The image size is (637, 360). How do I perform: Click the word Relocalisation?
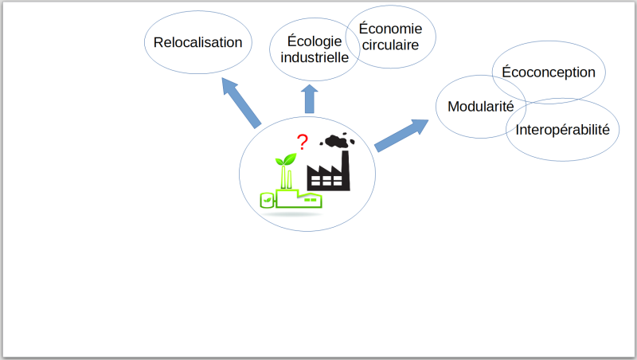197,42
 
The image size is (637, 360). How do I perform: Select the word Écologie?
315,41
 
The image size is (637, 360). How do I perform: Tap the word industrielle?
315,57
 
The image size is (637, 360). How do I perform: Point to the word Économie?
390,29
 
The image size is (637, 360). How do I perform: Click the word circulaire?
390,45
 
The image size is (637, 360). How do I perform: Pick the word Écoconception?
549,72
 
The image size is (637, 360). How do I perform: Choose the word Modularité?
481,107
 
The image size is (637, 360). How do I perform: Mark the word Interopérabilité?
563,130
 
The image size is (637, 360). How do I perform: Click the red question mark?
302,142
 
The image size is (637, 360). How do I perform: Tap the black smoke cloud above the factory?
337,141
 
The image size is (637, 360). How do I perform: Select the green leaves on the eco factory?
286,159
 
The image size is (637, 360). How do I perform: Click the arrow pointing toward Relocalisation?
241,103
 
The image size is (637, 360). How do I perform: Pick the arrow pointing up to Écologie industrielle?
310,99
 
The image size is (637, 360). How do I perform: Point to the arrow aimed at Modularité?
401,135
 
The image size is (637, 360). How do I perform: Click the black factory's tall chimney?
346,170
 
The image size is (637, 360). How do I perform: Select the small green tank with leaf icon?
268,199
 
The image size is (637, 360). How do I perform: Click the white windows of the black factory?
326,181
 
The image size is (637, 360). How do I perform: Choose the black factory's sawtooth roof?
325,170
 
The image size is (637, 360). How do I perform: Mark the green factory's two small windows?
311,199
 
